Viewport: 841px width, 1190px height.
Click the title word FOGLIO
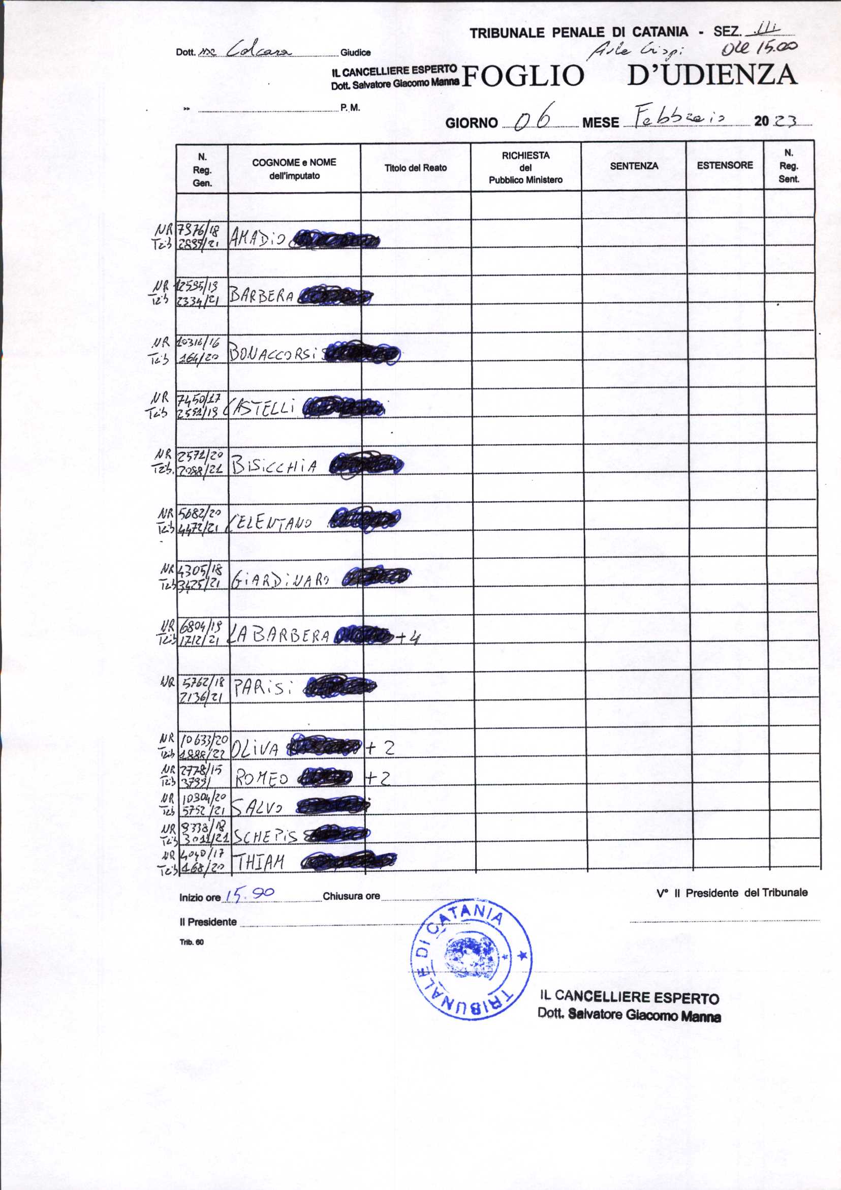coord(522,76)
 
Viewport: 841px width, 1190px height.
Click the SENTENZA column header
coord(634,166)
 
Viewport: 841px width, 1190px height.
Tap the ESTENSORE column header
coord(725,165)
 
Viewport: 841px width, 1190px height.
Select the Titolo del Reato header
coord(415,168)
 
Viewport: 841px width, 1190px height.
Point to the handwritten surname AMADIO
coord(258,238)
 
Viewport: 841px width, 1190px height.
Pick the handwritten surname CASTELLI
coord(263,408)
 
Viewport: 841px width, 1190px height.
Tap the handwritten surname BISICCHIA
coord(274,465)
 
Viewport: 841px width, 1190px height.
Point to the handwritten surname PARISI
coord(263,688)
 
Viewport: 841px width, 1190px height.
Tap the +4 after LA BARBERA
coord(407,637)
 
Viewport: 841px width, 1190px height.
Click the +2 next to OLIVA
coord(380,747)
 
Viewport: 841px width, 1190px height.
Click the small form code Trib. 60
coord(192,942)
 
